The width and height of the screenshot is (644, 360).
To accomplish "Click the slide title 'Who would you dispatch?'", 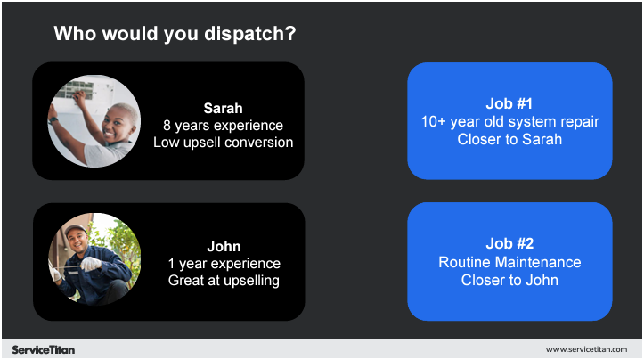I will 175,34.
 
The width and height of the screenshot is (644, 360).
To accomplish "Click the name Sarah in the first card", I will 223,109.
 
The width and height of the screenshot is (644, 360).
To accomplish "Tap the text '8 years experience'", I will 223,126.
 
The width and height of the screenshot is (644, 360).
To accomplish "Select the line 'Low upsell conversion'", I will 223,142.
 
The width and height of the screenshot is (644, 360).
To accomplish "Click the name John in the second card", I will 224,247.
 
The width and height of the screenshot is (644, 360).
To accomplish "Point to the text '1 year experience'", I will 224,264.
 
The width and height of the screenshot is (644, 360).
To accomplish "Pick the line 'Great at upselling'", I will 224,281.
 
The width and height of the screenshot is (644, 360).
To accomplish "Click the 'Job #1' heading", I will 509,103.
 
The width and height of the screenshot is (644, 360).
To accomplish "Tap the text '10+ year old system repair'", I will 509,121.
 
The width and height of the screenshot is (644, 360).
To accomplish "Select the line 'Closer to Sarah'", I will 509,139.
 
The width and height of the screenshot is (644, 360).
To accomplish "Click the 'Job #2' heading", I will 509,244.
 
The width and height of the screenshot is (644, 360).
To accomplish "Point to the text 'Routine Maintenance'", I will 509,262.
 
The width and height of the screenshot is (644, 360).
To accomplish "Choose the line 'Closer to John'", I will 509,280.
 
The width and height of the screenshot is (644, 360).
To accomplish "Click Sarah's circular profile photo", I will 94,121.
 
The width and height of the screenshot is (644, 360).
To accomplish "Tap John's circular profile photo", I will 94,259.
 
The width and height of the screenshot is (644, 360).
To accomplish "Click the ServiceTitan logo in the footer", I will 44,349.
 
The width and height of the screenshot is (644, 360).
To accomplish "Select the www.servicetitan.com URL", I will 587,349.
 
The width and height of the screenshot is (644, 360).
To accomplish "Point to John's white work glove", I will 93,265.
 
